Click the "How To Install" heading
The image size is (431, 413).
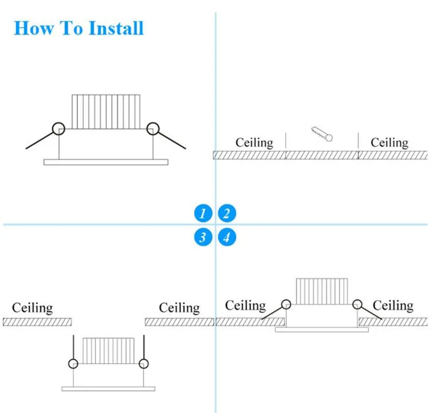tap(79, 28)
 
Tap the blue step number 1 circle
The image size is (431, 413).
tap(203, 214)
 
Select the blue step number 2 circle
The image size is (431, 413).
tap(227, 214)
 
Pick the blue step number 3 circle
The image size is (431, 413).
tap(203, 236)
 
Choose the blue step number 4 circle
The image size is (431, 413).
tap(227, 236)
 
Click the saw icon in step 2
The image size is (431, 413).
tap(322, 134)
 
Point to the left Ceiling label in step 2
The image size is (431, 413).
tap(255, 142)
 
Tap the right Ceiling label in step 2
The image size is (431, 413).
tap(389, 142)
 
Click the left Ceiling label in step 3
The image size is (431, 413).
tap(32, 308)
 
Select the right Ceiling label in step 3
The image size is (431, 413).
tap(179, 308)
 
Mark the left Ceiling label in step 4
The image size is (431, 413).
tap(245, 305)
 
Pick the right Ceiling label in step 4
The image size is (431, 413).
tap(393, 305)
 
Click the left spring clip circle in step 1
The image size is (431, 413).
tap(58, 128)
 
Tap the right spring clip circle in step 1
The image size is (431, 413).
tap(152, 128)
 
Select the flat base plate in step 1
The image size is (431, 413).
tap(106, 162)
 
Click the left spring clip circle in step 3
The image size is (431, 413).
tap(74, 363)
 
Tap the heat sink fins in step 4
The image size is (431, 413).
tap(322, 291)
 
